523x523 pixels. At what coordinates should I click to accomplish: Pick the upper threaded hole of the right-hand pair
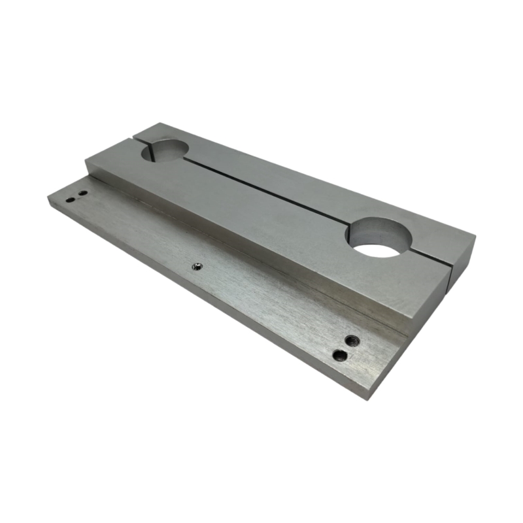352,340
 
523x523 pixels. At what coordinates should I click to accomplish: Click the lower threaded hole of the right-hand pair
339,355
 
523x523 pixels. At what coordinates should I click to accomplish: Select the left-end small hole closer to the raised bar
82,194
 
